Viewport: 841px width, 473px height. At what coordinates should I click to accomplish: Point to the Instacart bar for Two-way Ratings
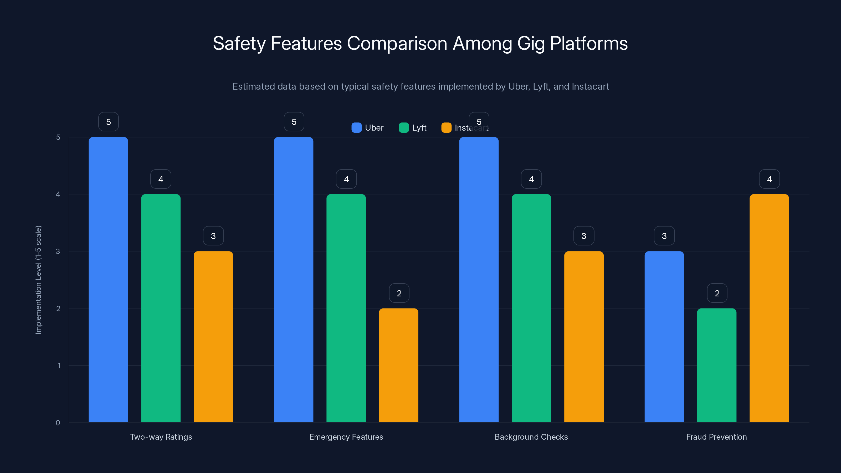(x=213, y=337)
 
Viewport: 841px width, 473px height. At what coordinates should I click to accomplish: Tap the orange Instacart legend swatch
(x=446, y=128)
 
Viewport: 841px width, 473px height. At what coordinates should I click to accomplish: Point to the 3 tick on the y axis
(x=58, y=251)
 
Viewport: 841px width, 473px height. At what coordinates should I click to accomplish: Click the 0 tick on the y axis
(x=58, y=423)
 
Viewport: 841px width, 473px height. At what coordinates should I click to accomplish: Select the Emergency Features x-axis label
(x=346, y=437)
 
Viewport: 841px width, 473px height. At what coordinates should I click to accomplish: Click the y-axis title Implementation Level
(x=39, y=280)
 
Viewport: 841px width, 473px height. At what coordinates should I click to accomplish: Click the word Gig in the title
(x=531, y=43)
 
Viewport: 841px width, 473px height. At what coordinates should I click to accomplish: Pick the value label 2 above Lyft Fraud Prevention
(x=717, y=293)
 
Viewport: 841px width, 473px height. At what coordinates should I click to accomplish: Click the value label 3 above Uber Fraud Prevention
(x=664, y=236)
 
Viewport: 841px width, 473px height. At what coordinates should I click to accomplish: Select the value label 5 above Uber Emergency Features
(x=294, y=122)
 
